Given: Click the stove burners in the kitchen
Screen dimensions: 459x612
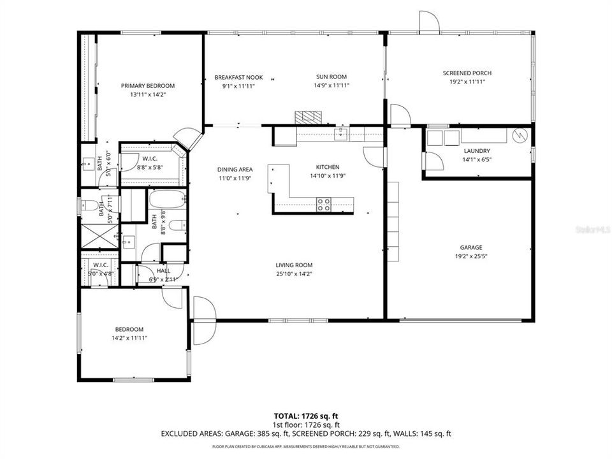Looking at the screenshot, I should (324, 204).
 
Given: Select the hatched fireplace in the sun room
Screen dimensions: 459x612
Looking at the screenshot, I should (309, 118).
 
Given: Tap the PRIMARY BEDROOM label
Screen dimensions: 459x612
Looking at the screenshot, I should (148, 85).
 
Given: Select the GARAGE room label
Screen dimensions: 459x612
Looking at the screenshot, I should (471, 247).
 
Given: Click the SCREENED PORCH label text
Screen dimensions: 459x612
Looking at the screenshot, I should (467, 73).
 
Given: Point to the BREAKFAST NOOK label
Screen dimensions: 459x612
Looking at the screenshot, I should (238, 77).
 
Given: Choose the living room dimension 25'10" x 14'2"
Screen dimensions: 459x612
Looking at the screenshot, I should (294, 274).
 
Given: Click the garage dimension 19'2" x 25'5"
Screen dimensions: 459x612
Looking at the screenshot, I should (471, 256).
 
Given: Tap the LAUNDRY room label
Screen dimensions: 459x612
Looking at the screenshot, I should (476, 150).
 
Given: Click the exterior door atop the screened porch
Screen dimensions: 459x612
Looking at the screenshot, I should (429, 22).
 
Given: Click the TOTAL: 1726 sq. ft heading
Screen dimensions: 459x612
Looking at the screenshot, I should (305, 414).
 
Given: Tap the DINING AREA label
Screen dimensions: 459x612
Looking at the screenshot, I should (235, 169).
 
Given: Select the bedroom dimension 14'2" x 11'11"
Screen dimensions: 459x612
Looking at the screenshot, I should (129, 338).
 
